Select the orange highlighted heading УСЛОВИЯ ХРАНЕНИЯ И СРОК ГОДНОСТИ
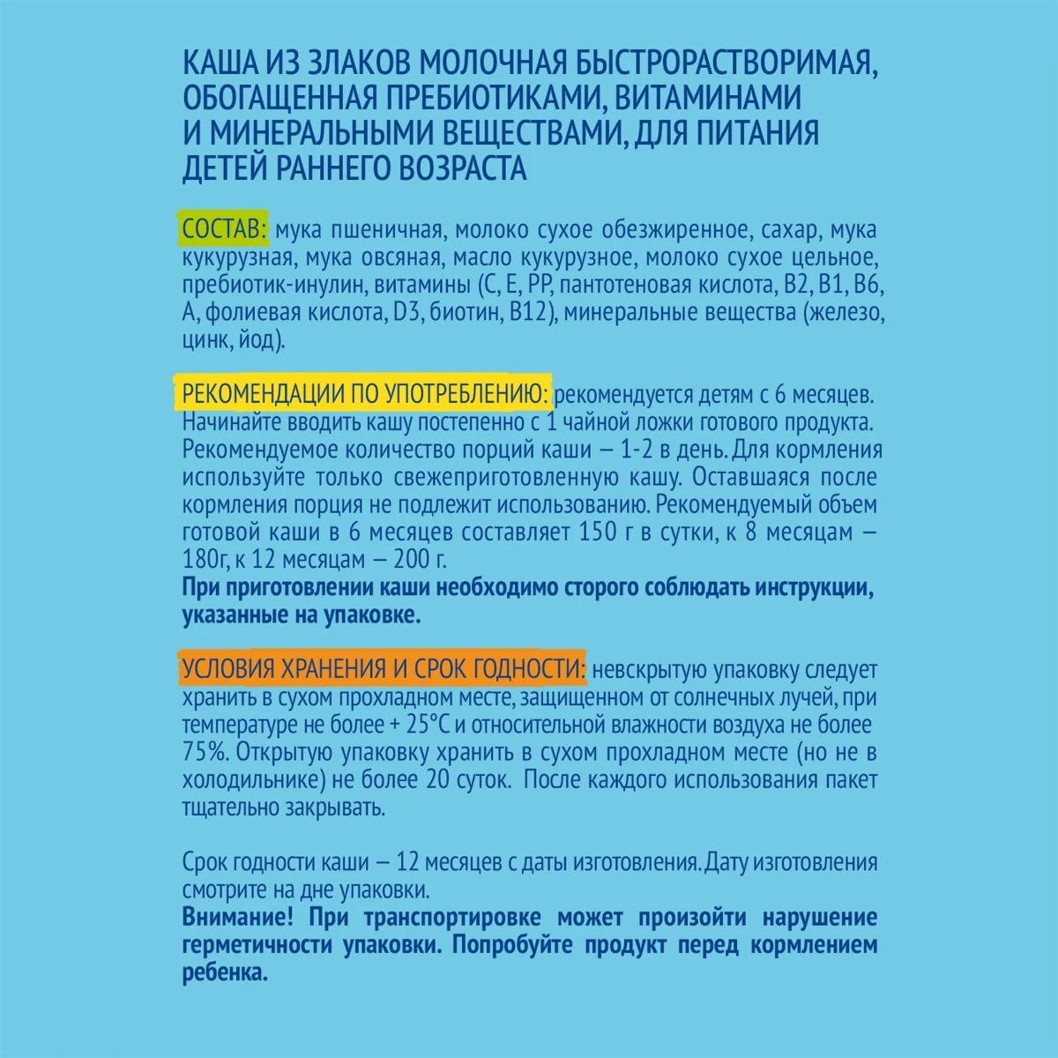pyautogui.click(x=383, y=668)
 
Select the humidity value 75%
pyautogui.click(x=204, y=754)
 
